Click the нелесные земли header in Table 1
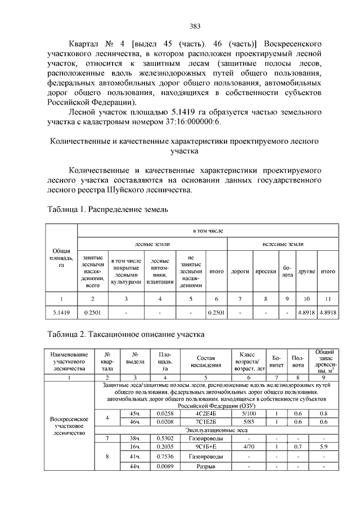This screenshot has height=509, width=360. click(x=282, y=245)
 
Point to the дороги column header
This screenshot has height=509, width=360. click(x=240, y=271)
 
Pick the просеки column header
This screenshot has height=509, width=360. click(x=265, y=271)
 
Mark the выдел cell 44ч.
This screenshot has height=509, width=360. click(x=134, y=466)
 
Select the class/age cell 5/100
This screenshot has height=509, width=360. click(x=248, y=414)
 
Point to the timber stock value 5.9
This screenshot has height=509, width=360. click(x=323, y=445)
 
